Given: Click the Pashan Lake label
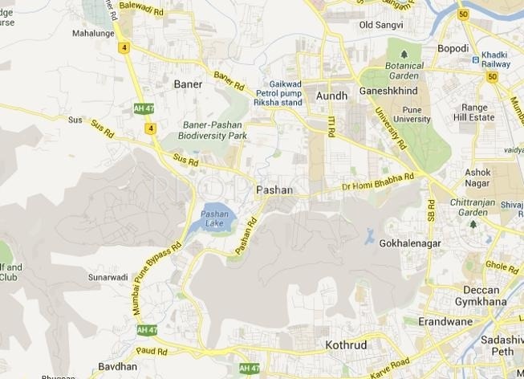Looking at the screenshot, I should click(215, 218).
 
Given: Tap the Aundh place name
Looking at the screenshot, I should click(332, 96).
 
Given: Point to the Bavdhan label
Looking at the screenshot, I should click(95, 366).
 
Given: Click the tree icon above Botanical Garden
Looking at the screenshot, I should click(405, 55).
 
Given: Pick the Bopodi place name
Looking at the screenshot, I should click(453, 49).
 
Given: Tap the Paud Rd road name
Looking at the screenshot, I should click(151, 352).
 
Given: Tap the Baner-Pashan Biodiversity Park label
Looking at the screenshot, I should click(214, 131).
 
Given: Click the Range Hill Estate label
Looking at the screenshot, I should click(481, 112).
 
